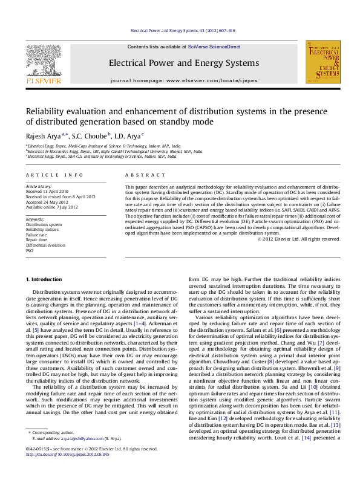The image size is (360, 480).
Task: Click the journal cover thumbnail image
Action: pyautogui.click(x=322, y=63)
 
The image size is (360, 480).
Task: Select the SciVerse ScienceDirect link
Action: pyautogui.click(x=214, y=47)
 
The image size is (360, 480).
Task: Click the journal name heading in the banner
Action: pyautogui.click(x=183, y=62)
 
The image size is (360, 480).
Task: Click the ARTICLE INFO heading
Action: pyautogui.click(x=55, y=175)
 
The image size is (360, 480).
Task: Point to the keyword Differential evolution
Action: pyautogui.click(x=45, y=245)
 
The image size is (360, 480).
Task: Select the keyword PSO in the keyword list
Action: pyautogui.click(x=30, y=250)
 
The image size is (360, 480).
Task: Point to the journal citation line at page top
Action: pyautogui.click(x=183, y=30)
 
